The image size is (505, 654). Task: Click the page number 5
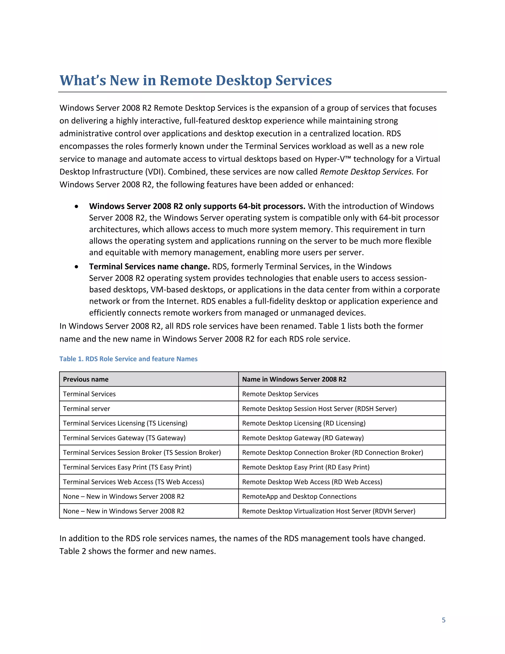click(x=443, y=620)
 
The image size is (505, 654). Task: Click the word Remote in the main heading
click(x=185, y=80)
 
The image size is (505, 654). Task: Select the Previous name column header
click(x=86, y=379)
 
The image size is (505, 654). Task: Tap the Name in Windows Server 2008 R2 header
click(x=294, y=379)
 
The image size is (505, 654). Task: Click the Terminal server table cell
click(x=87, y=408)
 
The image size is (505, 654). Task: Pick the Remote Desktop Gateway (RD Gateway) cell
click(x=303, y=438)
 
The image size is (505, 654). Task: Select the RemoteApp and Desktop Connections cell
click(x=299, y=496)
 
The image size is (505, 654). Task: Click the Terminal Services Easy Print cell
click(x=127, y=467)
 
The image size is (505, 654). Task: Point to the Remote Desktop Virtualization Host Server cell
click(x=328, y=511)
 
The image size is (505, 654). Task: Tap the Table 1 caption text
click(x=128, y=359)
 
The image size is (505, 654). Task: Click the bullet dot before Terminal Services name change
click(x=77, y=267)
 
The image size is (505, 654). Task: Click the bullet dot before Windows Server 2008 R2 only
click(x=77, y=206)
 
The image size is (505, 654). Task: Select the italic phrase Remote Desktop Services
click(x=366, y=172)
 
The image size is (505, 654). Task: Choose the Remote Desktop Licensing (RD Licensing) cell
click(x=304, y=423)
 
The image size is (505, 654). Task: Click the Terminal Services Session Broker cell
click(x=142, y=452)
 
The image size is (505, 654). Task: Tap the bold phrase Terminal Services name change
click(x=149, y=267)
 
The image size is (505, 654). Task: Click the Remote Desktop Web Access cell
click(x=312, y=482)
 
